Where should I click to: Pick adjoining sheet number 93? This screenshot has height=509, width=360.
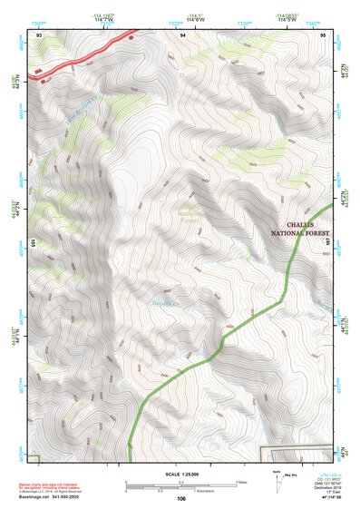39,34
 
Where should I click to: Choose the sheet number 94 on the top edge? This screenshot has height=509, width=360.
183,34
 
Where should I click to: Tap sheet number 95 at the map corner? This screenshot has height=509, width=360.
325,34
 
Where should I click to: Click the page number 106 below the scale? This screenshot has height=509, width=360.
181,499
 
